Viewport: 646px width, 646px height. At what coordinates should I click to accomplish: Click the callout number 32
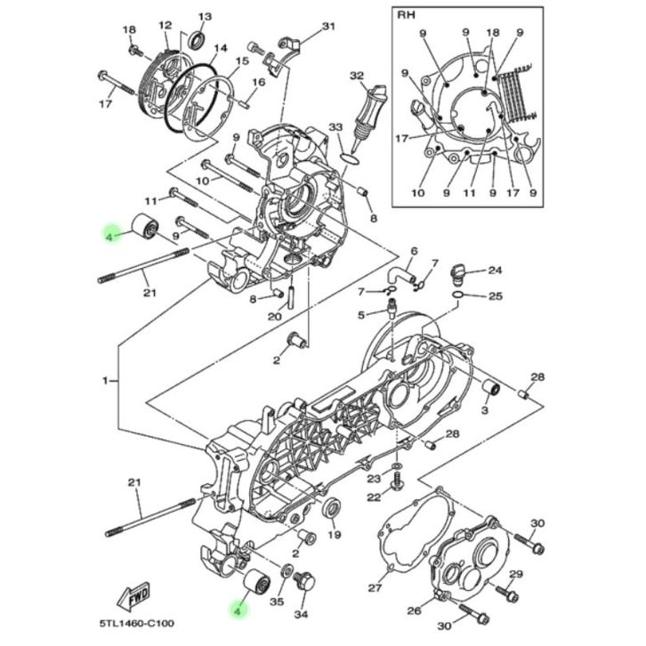click(x=358, y=76)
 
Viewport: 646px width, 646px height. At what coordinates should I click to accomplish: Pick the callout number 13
click(x=205, y=17)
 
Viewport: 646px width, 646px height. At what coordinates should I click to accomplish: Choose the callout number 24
click(x=496, y=271)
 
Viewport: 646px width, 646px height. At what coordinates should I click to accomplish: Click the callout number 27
click(x=375, y=588)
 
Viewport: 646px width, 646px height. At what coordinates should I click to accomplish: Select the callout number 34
click(x=302, y=614)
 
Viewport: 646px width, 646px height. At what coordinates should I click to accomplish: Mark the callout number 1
click(x=105, y=380)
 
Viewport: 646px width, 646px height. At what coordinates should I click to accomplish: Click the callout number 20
click(x=274, y=316)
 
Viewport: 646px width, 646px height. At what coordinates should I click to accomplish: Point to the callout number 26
click(x=413, y=610)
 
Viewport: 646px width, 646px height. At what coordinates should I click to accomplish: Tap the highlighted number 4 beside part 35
click(x=237, y=610)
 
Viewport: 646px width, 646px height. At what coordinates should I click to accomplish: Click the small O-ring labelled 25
click(x=457, y=295)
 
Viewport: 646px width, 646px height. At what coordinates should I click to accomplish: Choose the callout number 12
click(x=165, y=26)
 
